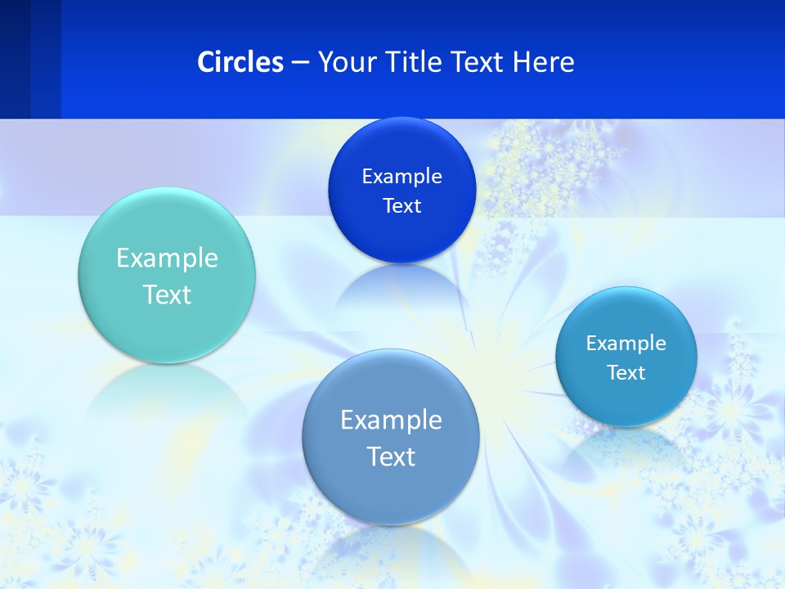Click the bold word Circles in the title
(x=240, y=62)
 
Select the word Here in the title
(x=544, y=62)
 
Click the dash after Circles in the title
(x=300, y=63)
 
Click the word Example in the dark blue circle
(x=401, y=177)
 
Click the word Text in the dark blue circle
(x=401, y=206)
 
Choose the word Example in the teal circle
(x=167, y=259)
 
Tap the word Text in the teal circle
(x=167, y=294)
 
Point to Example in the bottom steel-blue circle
(x=391, y=420)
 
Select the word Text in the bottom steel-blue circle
(x=391, y=456)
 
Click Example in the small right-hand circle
(x=626, y=344)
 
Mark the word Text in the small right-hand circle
(x=626, y=373)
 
